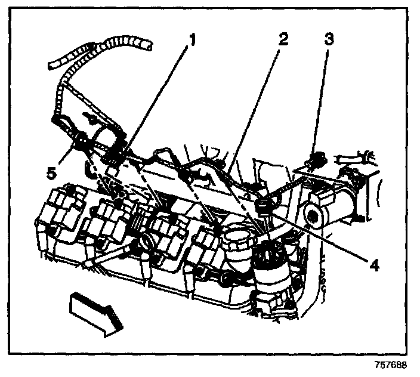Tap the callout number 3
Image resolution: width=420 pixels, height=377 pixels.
point(329,41)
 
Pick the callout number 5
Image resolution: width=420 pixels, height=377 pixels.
point(51,174)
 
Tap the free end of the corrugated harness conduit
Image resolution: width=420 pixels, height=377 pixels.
point(143,45)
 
